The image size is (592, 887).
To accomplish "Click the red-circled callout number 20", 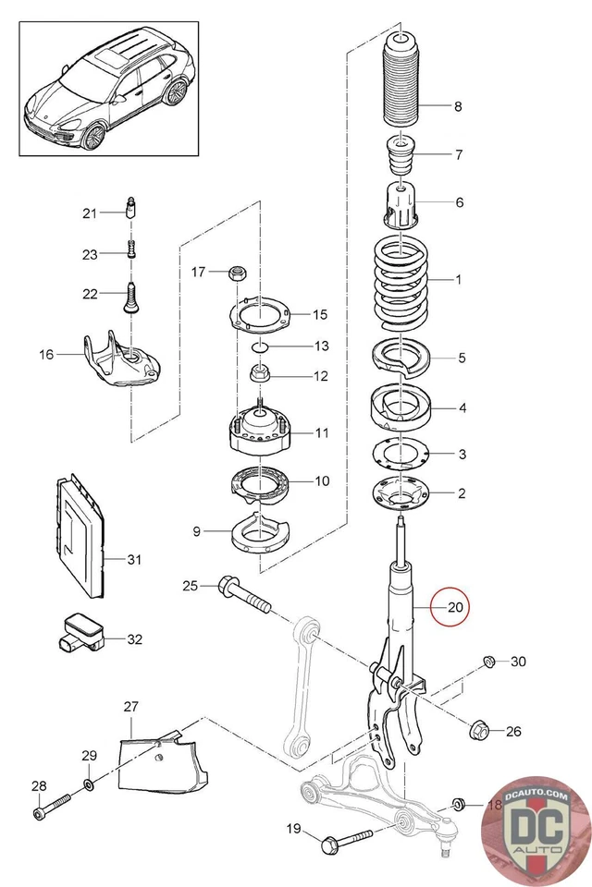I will [454, 608].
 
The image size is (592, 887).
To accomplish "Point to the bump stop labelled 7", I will [400, 160].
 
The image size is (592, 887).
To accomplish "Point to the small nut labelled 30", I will [488, 661].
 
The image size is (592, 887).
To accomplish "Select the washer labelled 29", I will [89, 784].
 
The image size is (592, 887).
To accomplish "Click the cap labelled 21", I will [131, 206].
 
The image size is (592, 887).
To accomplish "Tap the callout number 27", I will [130, 707].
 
